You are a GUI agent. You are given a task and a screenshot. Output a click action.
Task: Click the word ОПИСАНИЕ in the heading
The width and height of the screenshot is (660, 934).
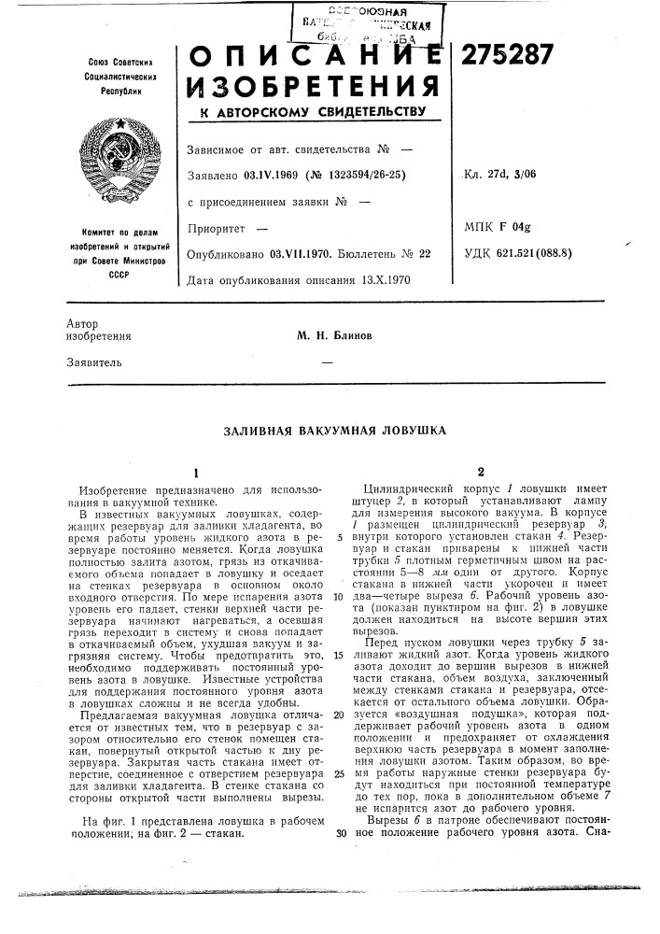coord(316,58)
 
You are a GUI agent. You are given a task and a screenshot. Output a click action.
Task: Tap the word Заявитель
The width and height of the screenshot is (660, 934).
coord(93,361)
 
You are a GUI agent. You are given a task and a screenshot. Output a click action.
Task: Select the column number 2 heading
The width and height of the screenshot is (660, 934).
coord(480,472)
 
